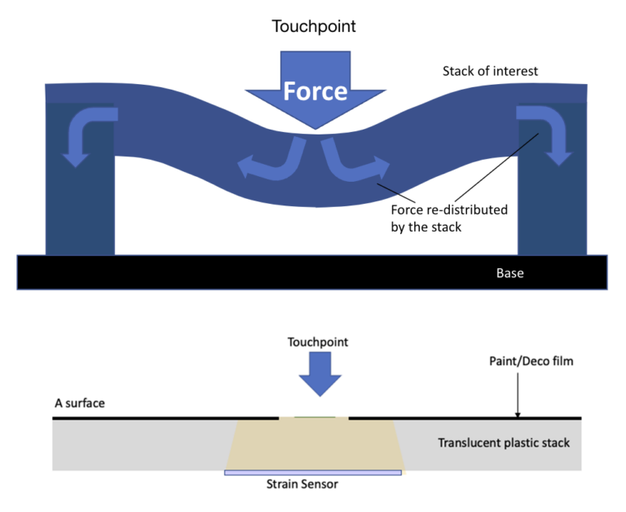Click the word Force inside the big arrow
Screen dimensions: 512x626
(315, 91)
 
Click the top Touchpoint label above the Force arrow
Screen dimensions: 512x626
(314, 27)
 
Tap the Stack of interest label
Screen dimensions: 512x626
(490, 71)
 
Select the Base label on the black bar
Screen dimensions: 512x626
(509, 273)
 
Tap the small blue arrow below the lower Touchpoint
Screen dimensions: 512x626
(314, 376)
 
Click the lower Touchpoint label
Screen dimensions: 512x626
(314, 342)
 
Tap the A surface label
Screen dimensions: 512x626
(79, 403)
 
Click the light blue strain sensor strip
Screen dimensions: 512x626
(313, 472)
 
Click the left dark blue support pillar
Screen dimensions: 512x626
(81, 204)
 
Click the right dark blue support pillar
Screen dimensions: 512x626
(551, 204)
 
